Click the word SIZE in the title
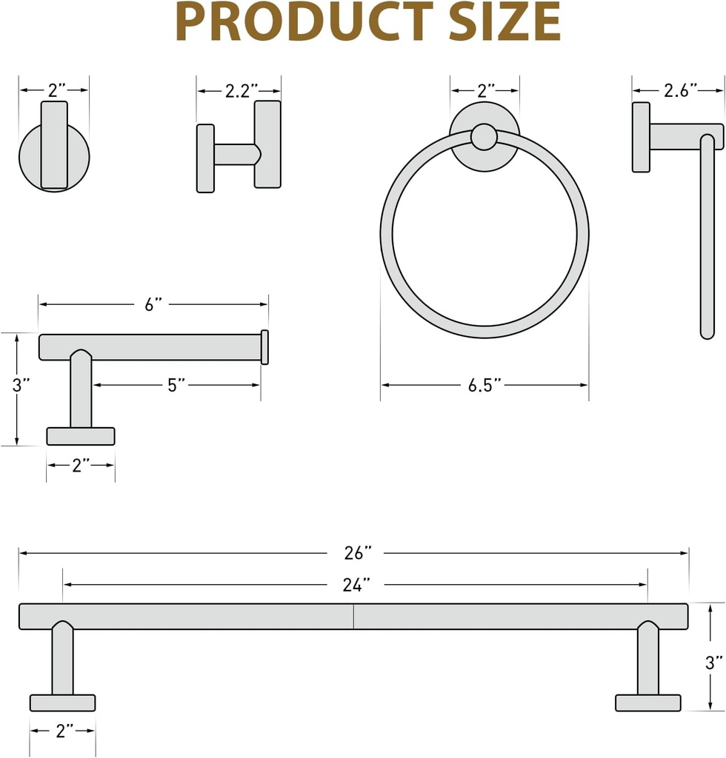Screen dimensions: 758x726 tap(503, 22)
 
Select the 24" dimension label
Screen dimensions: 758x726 tap(356, 585)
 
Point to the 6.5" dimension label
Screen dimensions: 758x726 tap(485, 385)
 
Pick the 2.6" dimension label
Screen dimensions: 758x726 tap(680, 90)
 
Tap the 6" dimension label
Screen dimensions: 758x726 tap(154, 304)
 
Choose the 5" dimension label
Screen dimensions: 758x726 tap(176, 385)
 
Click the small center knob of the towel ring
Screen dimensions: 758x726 tap(484, 137)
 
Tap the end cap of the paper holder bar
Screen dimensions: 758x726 tap(264, 347)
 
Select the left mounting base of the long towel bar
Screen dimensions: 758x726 tap(62, 702)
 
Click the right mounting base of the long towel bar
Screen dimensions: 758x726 tap(648, 702)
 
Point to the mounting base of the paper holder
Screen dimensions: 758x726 tap(81, 436)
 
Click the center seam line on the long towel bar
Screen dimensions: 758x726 tap(353, 617)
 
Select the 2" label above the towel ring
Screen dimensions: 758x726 tap(485, 90)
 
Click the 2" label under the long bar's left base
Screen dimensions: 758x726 tap(64, 731)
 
